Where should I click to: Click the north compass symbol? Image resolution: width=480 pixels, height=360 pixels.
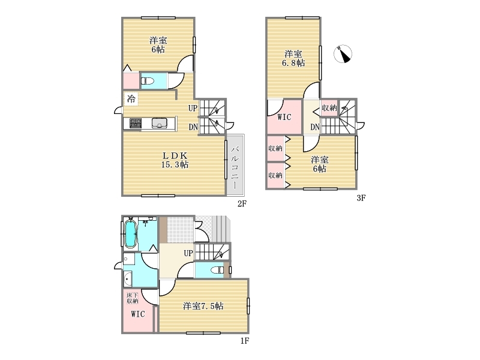(x=343, y=54)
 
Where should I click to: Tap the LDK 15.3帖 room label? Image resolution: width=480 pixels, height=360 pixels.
(x=175, y=160)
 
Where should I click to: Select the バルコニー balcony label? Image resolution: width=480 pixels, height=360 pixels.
(x=235, y=167)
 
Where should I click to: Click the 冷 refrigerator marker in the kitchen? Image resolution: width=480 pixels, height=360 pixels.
(x=131, y=99)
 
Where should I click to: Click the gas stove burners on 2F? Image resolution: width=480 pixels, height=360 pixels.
(x=136, y=123)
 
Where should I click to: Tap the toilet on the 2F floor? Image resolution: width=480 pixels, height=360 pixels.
(x=147, y=81)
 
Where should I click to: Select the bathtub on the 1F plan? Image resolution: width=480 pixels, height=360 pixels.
(x=130, y=233)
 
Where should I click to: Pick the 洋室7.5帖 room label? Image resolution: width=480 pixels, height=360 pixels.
(x=203, y=306)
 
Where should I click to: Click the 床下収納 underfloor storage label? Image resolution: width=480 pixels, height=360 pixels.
(x=133, y=298)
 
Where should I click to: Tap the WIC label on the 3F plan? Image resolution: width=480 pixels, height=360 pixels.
(x=284, y=117)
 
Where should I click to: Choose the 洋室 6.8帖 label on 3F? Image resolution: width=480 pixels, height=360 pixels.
(x=293, y=58)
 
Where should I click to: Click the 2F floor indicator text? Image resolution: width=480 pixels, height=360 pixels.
(x=242, y=203)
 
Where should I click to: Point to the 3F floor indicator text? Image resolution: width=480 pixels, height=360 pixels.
(x=361, y=198)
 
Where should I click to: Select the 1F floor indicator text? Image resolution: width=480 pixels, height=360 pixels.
(x=244, y=340)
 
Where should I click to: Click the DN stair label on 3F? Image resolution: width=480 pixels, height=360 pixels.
(x=315, y=127)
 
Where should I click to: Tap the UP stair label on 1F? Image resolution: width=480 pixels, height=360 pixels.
(x=188, y=253)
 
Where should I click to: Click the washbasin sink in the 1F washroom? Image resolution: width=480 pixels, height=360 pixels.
(x=128, y=278)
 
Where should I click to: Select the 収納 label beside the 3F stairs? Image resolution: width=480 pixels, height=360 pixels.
(x=329, y=108)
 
